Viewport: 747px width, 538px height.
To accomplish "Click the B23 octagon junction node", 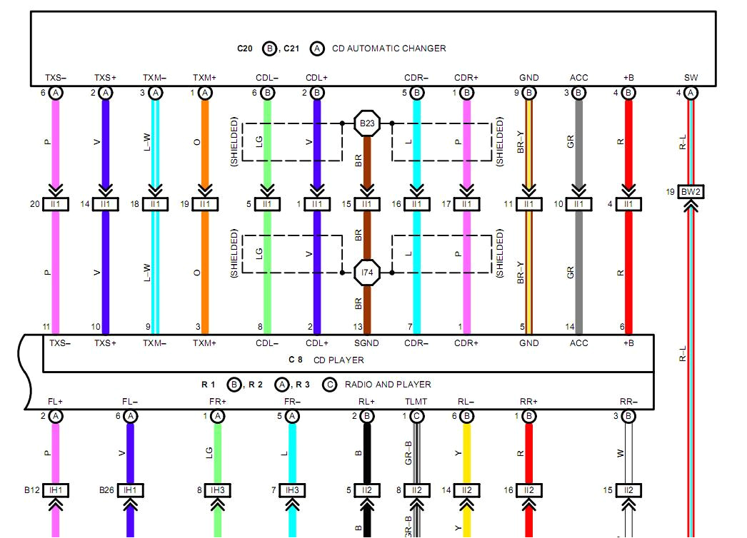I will pos(367,123).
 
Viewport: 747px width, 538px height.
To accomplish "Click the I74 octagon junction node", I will pos(367,272).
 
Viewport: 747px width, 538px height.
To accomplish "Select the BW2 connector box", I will pos(691,192).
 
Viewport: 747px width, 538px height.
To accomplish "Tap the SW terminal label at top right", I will pos(691,78).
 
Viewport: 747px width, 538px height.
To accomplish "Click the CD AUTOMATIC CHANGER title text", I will pos(389,49).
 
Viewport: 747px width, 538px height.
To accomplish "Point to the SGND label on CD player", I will pos(367,343).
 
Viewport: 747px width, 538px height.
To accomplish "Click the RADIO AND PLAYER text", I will pos(388,384).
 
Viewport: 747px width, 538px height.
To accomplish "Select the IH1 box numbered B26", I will pos(130,490).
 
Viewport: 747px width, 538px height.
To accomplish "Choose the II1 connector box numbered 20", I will pos(56,204).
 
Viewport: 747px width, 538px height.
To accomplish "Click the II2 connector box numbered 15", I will pos(628,490).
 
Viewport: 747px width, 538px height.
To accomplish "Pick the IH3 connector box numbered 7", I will pos(293,490).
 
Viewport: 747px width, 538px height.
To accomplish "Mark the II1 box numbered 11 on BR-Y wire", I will pos(529,204).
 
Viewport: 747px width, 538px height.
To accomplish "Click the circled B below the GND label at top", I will pos(529,93).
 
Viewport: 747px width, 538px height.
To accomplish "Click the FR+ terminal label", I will pos(218,402).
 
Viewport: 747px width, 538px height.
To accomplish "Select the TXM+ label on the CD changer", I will pos(204,78).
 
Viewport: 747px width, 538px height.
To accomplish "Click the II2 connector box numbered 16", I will pos(529,490).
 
